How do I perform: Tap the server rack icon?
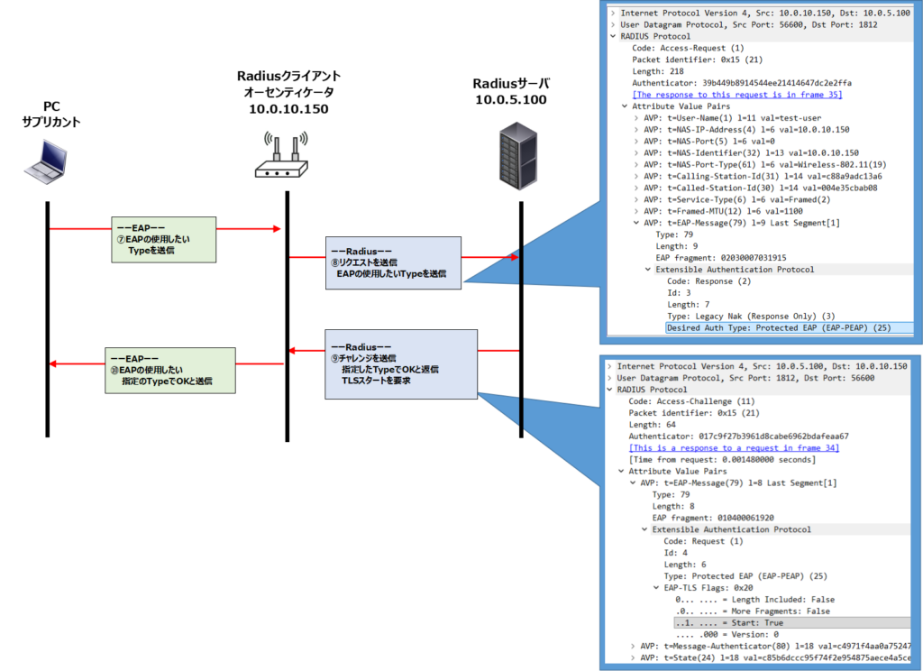pos(517,155)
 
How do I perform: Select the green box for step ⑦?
pos(163,239)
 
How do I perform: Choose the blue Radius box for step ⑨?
pos(402,363)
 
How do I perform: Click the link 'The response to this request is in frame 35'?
pos(736,95)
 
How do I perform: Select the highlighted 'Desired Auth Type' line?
pos(779,328)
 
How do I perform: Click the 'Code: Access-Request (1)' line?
pos(688,48)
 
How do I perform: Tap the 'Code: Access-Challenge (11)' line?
pos(690,401)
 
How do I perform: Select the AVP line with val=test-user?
pos(732,118)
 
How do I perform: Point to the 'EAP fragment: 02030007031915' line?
pos(720,258)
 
